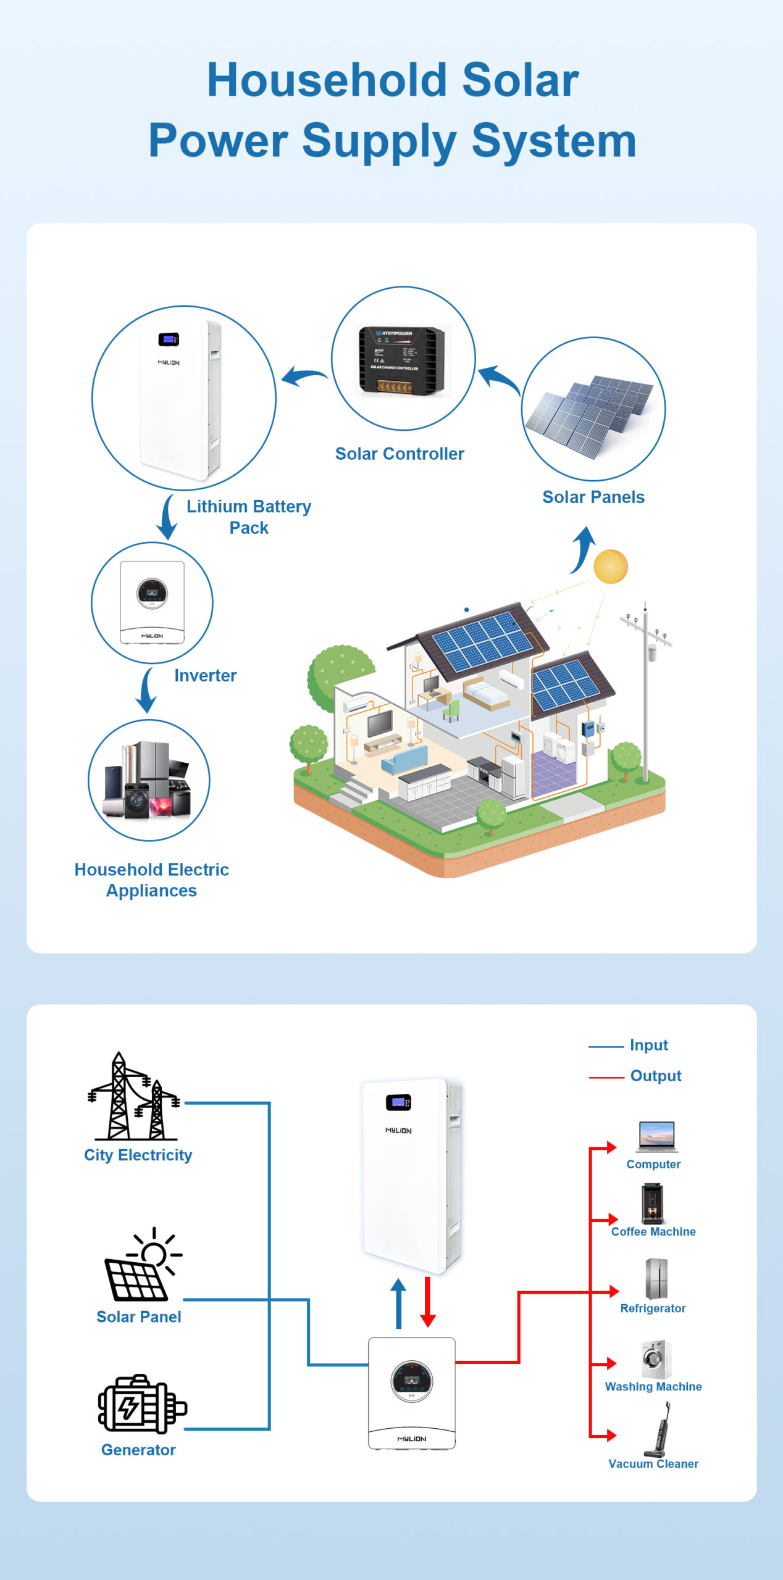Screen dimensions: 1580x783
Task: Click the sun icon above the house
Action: (x=610, y=567)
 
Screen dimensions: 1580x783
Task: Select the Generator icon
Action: (x=141, y=1404)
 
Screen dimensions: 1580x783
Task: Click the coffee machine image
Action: (x=652, y=1203)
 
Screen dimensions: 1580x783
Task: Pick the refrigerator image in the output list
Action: (x=656, y=1279)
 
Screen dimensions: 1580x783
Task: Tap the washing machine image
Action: (x=656, y=1359)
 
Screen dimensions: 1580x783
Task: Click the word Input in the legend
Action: (x=648, y=1045)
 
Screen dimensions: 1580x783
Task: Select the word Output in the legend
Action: (x=655, y=1076)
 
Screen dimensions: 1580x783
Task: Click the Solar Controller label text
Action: (x=400, y=454)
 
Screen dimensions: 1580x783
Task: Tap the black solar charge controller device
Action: (x=401, y=359)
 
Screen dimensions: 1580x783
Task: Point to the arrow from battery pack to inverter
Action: (x=167, y=517)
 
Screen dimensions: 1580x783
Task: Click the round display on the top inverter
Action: (x=152, y=592)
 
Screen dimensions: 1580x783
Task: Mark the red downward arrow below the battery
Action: (x=428, y=1302)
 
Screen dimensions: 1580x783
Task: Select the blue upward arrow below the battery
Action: (x=398, y=1302)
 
